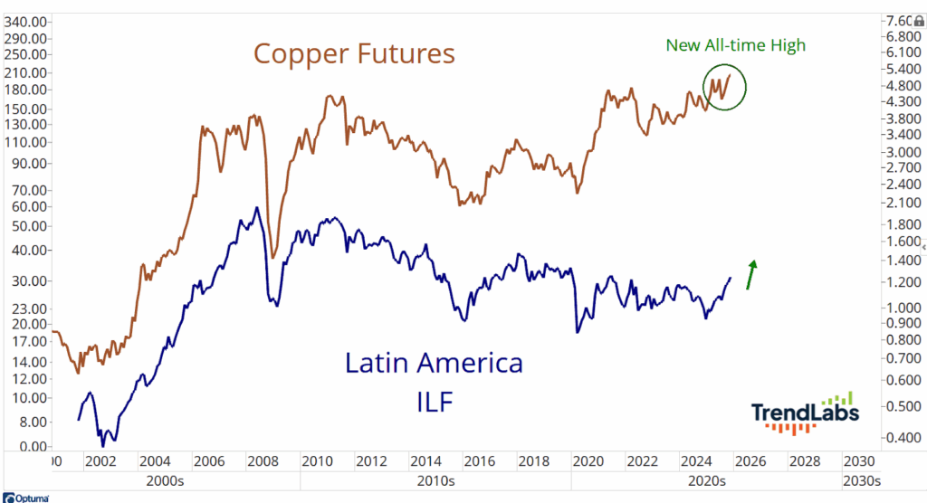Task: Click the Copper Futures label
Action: click(354, 54)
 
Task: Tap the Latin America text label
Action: click(434, 364)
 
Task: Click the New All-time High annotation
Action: click(734, 44)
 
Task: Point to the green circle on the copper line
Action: click(724, 88)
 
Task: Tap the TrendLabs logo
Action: click(805, 413)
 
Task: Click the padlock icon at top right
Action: click(920, 20)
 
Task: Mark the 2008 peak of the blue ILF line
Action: click(256, 208)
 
